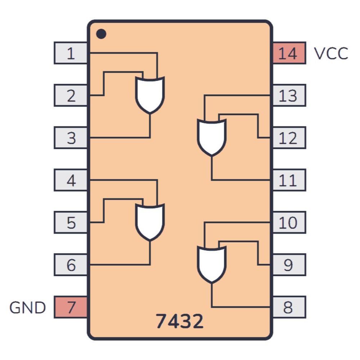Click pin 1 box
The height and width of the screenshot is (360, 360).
tap(71, 53)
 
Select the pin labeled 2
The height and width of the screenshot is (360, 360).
tap(71, 95)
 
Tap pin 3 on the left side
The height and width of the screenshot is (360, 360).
tap(71, 138)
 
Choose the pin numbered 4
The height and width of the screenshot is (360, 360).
tap(71, 180)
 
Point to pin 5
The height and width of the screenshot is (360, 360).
tap(71, 222)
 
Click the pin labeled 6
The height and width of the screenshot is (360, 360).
tap(71, 265)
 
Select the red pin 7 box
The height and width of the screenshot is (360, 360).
tap(71, 307)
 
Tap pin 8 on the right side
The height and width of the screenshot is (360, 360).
tap(289, 307)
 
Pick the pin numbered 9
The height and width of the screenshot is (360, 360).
tap(289, 265)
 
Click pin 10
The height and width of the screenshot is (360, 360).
tap(289, 222)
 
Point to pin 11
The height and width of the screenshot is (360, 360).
tap(289, 180)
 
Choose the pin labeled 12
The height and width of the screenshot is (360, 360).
tap(289, 138)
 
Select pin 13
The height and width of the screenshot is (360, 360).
tap(289, 95)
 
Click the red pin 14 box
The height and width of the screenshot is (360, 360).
tap(289, 53)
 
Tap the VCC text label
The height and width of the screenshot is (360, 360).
tap(331, 54)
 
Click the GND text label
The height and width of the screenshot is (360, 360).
tap(28, 308)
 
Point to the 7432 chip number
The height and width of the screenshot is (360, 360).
tap(180, 321)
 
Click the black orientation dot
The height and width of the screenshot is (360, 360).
tap(101, 34)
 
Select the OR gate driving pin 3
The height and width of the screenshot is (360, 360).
tap(150, 95)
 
